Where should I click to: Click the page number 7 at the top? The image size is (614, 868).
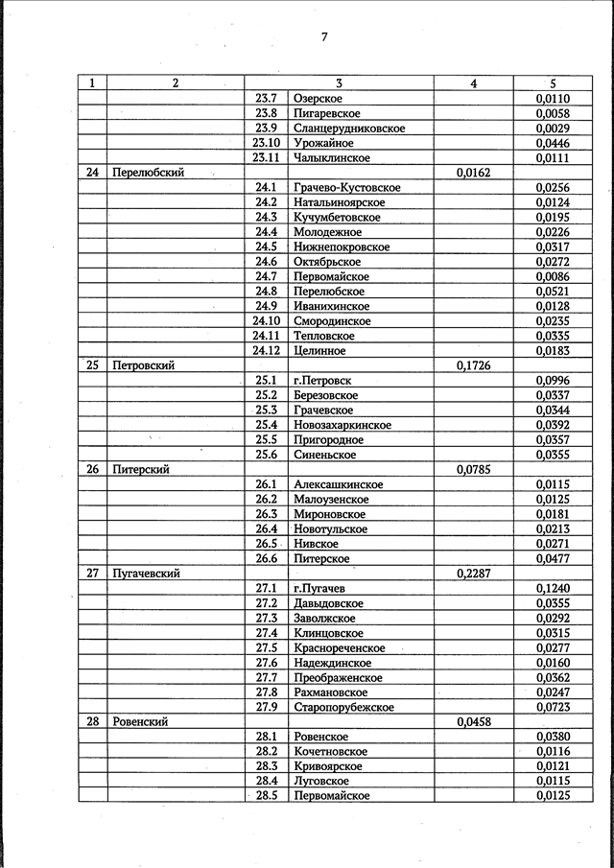(x=324, y=37)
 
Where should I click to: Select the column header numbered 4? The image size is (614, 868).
(x=473, y=83)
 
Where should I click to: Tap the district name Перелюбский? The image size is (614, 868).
(x=148, y=173)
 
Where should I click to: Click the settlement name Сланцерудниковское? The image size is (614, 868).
(x=349, y=129)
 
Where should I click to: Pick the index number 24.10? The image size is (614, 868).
(x=265, y=321)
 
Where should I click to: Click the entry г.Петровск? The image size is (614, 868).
(x=325, y=381)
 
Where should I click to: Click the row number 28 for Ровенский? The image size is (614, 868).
(x=92, y=721)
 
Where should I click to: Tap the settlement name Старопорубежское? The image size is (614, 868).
(x=343, y=707)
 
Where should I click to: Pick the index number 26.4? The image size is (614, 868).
(x=266, y=529)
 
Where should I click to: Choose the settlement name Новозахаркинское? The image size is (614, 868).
(x=342, y=425)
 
